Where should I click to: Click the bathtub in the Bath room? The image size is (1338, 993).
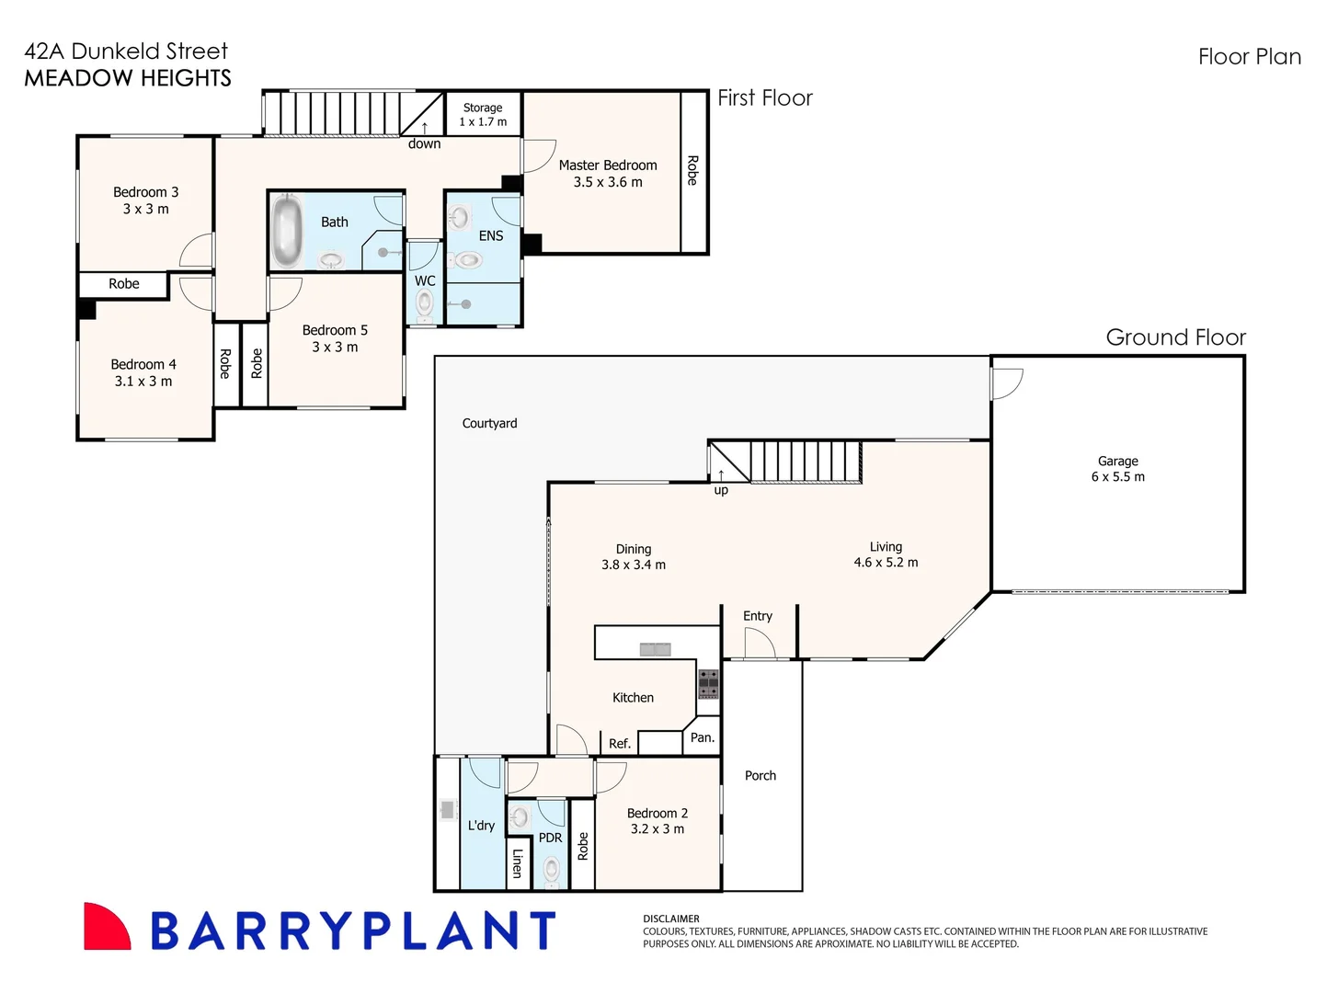[x=288, y=231]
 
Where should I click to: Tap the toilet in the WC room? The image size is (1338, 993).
[x=425, y=303]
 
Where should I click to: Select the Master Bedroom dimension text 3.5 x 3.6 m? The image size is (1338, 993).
[x=608, y=182]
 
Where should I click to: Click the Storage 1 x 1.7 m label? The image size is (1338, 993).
[x=483, y=115]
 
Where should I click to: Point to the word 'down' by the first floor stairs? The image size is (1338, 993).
[x=424, y=143]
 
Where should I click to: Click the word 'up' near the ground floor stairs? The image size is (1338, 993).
[x=721, y=490]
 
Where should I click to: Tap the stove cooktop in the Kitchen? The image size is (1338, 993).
[x=708, y=684]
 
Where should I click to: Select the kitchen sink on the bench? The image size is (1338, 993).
[x=655, y=649]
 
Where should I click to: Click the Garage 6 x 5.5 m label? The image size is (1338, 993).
[x=1117, y=469]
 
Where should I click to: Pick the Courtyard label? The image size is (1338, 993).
[x=489, y=423]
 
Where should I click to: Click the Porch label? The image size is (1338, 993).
[x=760, y=775]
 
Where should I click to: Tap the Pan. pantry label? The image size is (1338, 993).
[x=702, y=737]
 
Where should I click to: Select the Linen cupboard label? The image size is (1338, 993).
[x=518, y=863]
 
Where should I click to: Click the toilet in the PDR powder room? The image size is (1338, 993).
[x=551, y=869]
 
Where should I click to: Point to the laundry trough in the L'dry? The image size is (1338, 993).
[x=447, y=810]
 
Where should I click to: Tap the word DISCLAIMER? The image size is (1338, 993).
[x=670, y=919]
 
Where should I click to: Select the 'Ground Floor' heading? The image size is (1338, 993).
[x=1175, y=337]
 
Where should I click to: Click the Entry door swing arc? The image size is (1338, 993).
[x=760, y=644]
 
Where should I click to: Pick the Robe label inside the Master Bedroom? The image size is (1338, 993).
[x=692, y=170]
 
